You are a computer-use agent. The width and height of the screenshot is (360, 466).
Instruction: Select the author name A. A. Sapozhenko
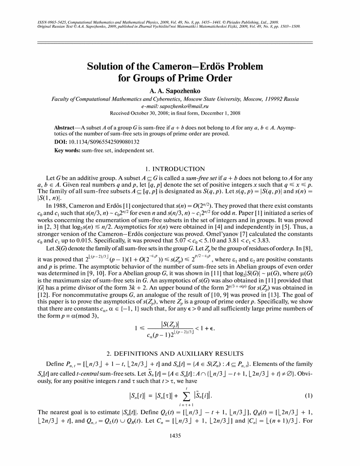click(180, 90)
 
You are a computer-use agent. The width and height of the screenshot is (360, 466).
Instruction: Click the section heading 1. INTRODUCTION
click(180, 168)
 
